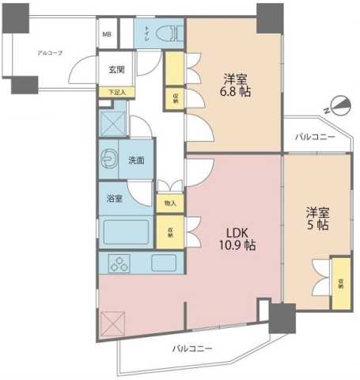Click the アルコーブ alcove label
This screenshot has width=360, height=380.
(x=50, y=53)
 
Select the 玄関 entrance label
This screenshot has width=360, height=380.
(x=116, y=70)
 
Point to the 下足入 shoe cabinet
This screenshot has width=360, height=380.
(x=116, y=92)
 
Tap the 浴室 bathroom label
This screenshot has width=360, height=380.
(x=115, y=199)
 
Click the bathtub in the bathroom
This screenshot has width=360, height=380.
(x=127, y=234)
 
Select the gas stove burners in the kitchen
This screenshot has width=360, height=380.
(x=121, y=264)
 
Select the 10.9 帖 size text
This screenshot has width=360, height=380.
(x=238, y=246)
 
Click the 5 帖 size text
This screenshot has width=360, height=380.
(x=317, y=226)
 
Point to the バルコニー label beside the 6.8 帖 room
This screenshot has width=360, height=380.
(x=314, y=137)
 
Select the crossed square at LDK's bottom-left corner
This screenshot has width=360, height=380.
(x=112, y=323)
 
